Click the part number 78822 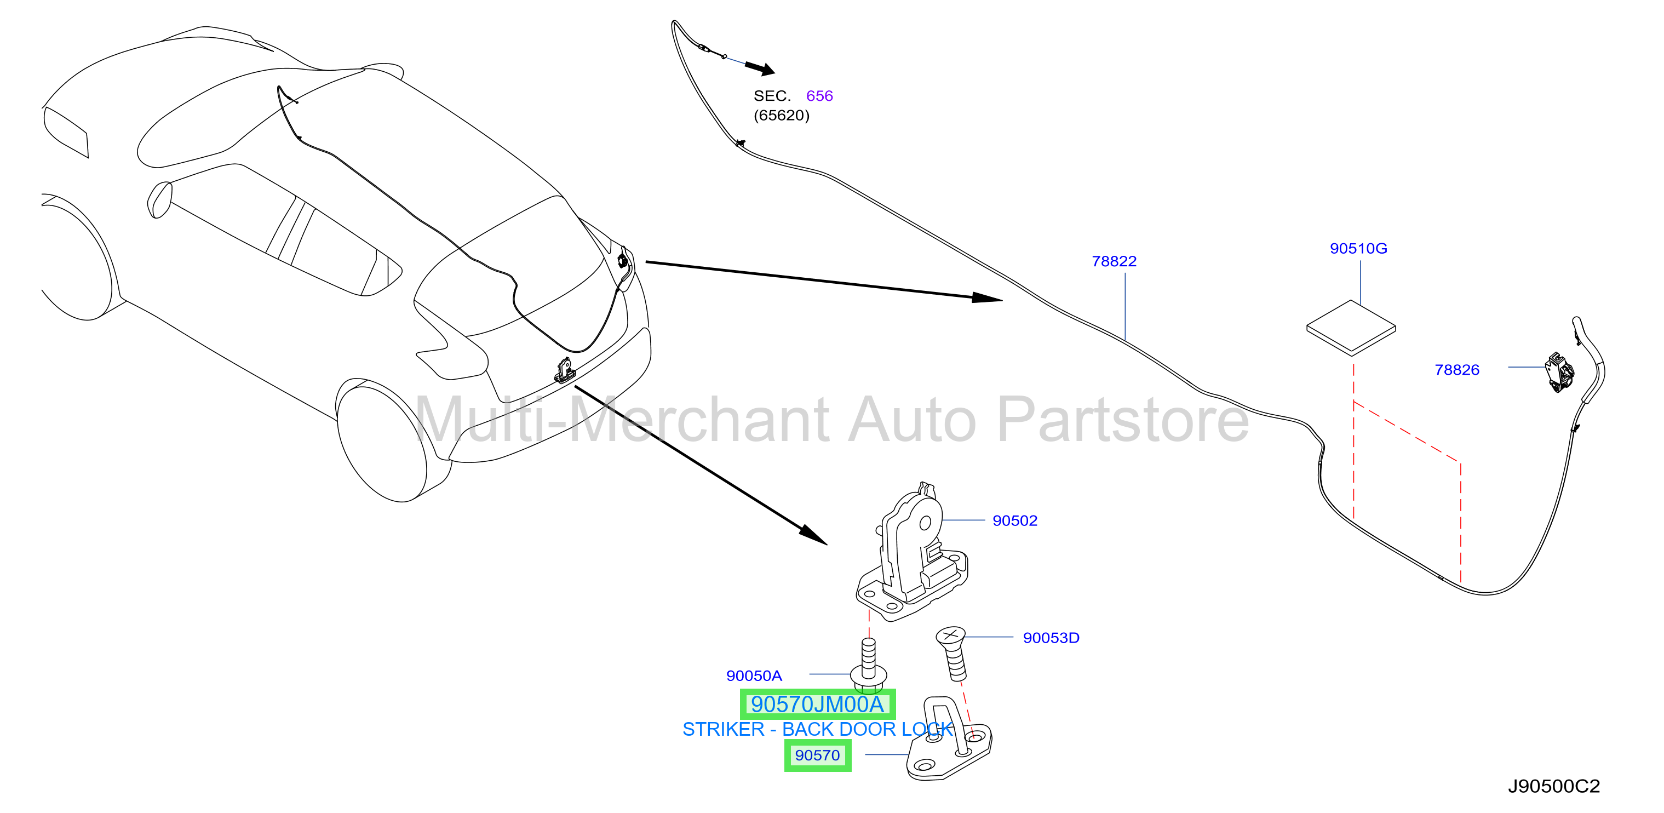(x=1114, y=261)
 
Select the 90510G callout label (x=1358, y=248)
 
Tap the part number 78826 (x=1456, y=370)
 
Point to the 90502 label (x=1014, y=520)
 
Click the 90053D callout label (x=1051, y=637)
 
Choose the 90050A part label (x=754, y=675)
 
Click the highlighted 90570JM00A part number (x=817, y=704)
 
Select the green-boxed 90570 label (x=817, y=755)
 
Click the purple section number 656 (x=819, y=96)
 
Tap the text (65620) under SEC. (x=781, y=115)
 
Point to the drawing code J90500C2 (x=1553, y=786)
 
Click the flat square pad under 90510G (x=1351, y=328)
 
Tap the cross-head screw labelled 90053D (x=952, y=652)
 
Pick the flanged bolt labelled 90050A (x=868, y=666)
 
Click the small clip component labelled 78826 (x=1559, y=371)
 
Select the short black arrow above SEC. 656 (x=760, y=68)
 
